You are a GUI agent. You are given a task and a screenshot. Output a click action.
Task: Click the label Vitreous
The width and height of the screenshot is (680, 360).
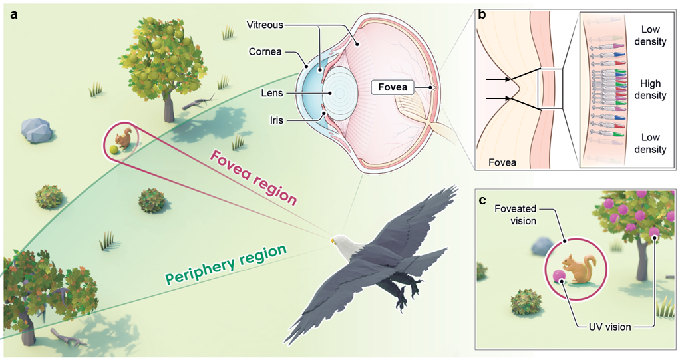(265, 25)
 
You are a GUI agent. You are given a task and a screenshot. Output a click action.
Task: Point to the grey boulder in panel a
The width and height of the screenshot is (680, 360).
(36, 129)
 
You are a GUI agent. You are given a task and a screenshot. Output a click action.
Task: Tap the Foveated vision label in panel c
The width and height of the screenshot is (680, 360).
(516, 216)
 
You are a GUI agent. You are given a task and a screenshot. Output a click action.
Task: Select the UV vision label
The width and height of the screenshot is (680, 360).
(608, 327)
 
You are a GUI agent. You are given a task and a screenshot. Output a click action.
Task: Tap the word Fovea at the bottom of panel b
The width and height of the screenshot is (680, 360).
(502, 162)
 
